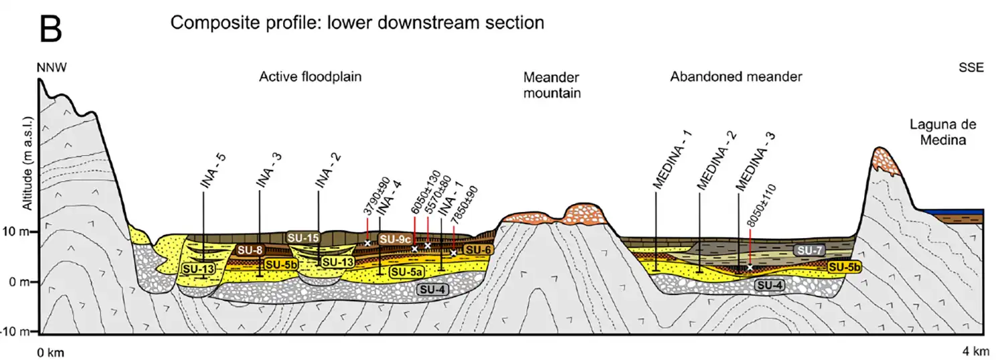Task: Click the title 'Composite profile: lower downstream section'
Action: click(357, 23)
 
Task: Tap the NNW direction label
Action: click(53, 68)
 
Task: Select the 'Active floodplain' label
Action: click(310, 77)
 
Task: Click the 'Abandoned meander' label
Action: click(736, 77)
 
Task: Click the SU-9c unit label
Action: click(394, 239)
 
